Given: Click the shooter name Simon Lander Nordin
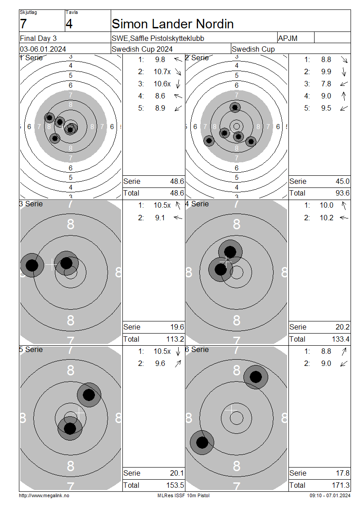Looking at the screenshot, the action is pos(172,24).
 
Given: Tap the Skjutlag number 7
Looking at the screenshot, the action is pos(23,24).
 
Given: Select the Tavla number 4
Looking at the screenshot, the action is pos(69,24).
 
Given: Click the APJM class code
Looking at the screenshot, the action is pos(288,38).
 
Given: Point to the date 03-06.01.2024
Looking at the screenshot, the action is pos(43,49).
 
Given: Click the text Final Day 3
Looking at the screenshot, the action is pos(38,38).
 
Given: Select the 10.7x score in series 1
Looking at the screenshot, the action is pos(162,71).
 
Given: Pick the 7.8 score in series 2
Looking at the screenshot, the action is pos(326,84).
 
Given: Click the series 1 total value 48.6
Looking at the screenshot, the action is pos(177,193).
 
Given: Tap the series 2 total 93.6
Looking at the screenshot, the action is pos(342,193).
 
